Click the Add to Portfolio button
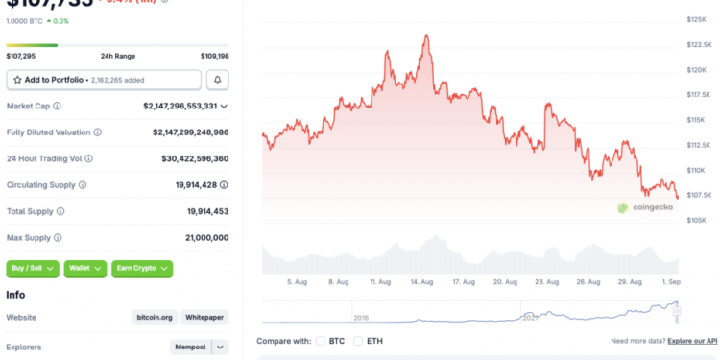[104, 80]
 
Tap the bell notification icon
[219, 80]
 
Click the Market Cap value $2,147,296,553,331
[180, 106]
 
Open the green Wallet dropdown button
[84, 269]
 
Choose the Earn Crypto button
[141, 269]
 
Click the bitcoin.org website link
[154, 317]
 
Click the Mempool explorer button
[188, 347]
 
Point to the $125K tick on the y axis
[697, 19]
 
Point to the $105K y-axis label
[697, 220]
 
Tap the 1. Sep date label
[670, 282]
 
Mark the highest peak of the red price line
[425, 35]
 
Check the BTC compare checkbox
[321, 341]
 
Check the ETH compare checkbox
[359, 341]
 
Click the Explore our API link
[692, 341]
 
